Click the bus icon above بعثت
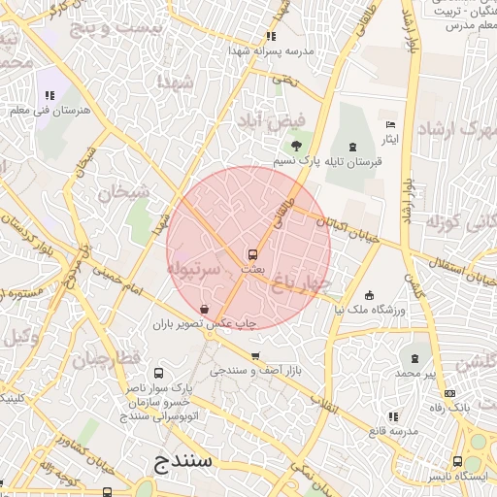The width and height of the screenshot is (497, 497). (x=252, y=254)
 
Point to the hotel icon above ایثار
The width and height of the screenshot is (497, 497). (x=390, y=125)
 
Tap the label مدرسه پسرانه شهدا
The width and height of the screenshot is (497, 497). (x=271, y=50)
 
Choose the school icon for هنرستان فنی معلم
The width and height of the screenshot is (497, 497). (x=48, y=95)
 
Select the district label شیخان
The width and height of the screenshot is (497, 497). (x=116, y=191)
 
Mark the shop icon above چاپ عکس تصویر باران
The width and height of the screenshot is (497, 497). (x=201, y=309)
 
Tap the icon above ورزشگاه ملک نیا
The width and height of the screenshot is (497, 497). (x=369, y=295)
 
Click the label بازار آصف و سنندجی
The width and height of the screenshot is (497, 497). (x=256, y=371)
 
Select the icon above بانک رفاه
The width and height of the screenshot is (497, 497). (x=449, y=393)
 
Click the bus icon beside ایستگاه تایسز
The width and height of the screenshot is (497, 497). (x=456, y=461)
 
